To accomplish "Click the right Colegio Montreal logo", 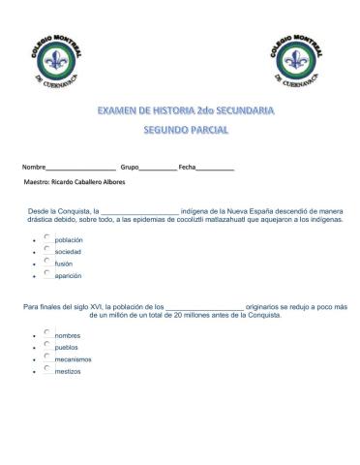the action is tap(299, 62).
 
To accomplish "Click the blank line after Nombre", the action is tap(81, 169).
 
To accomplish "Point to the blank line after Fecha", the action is tap(216, 169).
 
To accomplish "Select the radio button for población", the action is tap(46, 237).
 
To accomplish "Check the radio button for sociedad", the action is tap(46, 249).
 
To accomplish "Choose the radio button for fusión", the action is tap(46, 261).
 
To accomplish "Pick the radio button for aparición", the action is tap(46, 272).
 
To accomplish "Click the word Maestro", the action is tap(39, 181).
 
